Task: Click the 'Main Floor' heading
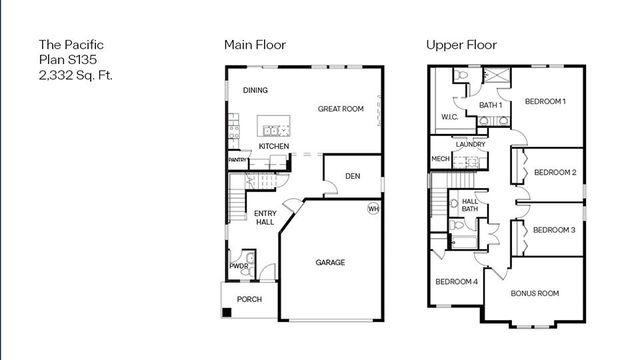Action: point(254,45)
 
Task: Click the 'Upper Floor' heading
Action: point(461,45)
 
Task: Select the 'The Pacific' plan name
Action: point(71,45)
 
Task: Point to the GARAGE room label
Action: point(330,263)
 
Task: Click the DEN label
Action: point(352,177)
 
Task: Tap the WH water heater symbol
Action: point(373,209)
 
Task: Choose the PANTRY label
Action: point(237,160)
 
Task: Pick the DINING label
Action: point(255,91)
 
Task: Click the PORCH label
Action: point(249,299)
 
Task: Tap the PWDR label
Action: point(239,266)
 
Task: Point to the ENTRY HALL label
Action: point(264,217)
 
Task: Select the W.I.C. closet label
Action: point(449,118)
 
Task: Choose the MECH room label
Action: point(440,159)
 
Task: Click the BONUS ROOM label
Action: point(534,293)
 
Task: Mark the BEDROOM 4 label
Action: point(456,282)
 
